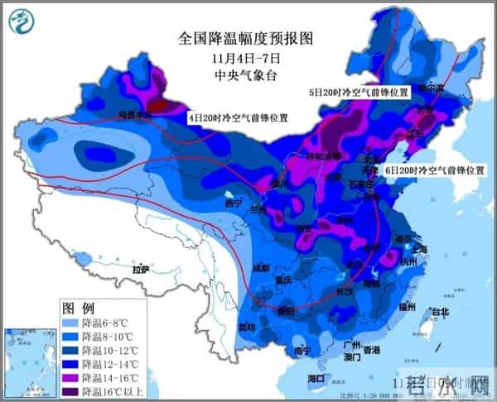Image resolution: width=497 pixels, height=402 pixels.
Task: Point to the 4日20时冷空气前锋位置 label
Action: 239,118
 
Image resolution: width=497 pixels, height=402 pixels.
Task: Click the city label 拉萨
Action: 140,269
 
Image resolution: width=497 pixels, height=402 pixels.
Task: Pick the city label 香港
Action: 370,350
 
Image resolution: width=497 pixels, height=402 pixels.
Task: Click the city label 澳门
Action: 351,359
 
